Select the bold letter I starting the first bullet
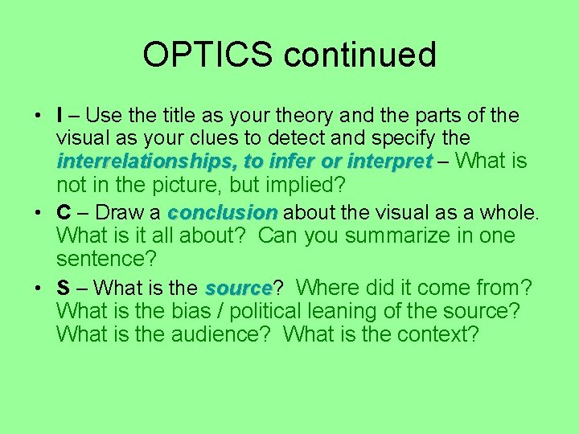point(60,116)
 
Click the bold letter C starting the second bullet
point(64,213)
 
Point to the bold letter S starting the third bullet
point(63,288)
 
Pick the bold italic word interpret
point(389,162)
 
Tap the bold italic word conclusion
point(222,213)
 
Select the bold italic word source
point(238,288)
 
